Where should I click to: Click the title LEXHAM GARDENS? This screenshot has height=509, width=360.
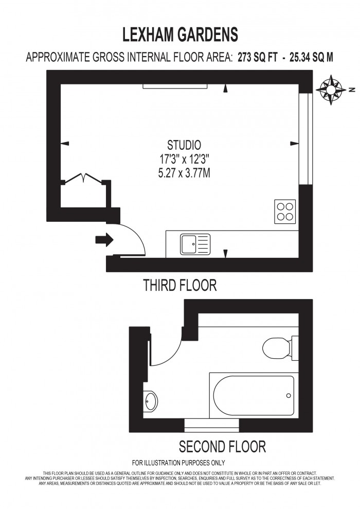tap(180, 34)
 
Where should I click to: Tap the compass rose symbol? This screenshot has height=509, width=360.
tap(331, 90)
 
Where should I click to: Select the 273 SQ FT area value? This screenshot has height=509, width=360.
tap(258, 57)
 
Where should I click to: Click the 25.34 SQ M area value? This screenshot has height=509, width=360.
tap(312, 57)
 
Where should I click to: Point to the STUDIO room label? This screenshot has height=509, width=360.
tap(184, 145)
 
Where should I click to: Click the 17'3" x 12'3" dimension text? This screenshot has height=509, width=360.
tap(184, 159)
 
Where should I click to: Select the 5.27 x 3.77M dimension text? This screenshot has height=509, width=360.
tap(184, 173)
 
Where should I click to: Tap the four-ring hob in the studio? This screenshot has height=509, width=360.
tap(285, 212)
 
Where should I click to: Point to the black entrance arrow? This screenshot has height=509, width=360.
tap(104, 240)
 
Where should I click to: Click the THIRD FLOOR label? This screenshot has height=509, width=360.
tap(180, 285)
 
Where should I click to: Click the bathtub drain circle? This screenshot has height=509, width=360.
tap(289, 395)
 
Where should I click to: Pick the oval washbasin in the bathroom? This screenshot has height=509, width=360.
tap(151, 401)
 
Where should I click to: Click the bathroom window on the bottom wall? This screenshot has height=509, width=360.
tap(212, 426)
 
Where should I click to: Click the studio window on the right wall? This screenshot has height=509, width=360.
tap(305, 139)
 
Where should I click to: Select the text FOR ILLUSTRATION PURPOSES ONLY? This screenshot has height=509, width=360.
tap(178, 463)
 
